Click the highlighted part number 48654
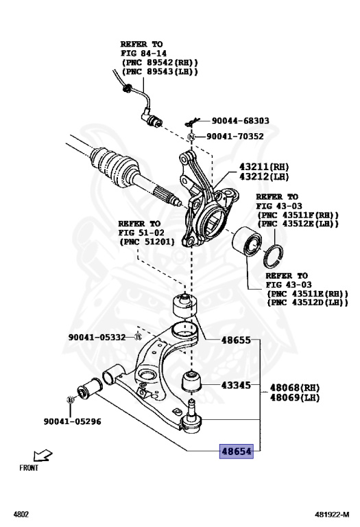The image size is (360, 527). coord(236,452)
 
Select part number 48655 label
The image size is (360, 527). coord(235,340)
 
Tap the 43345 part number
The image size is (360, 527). coord(235,386)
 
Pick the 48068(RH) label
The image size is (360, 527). coord(296,387)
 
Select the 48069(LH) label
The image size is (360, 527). coord(296,397)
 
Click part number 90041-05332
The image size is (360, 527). coord(97,337)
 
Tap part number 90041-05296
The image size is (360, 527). coord(72,421)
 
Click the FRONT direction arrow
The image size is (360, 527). coord(43,455)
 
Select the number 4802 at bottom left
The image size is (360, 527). coord(21,513)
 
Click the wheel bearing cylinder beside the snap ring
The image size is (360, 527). coord(244,246)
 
